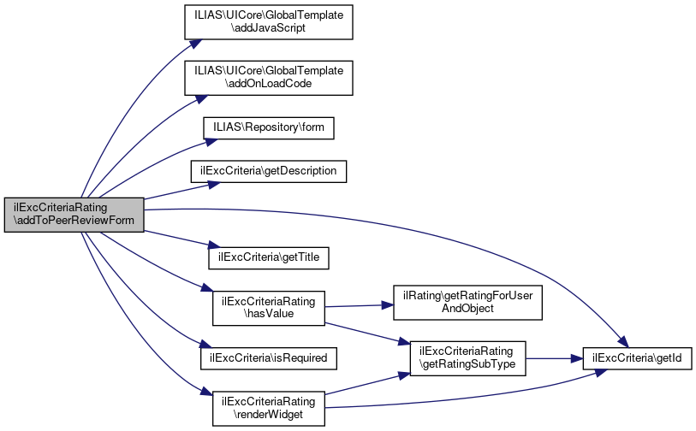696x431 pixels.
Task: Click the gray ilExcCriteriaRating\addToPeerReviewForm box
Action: (x=74, y=215)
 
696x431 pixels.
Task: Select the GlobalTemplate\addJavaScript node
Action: (x=269, y=22)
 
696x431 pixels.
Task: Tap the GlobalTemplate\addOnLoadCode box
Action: (x=269, y=78)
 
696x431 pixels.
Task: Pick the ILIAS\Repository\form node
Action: (x=269, y=127)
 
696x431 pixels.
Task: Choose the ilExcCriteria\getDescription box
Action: (x=269, y=171)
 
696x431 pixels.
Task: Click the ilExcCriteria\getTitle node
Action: (x=269, y=257)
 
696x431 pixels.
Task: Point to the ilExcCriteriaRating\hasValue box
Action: (x=269, y=308)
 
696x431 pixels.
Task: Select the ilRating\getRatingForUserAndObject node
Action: (x=467, y=303)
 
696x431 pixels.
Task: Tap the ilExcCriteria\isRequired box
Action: (x=269, y=358)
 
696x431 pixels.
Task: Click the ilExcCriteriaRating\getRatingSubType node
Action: (x=467, y=358)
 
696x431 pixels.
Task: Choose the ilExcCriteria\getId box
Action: (x=637, y=358)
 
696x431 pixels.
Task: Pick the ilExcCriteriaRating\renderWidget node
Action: (x=269, y=409)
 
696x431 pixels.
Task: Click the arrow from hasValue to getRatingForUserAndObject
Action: (x=359, y=305)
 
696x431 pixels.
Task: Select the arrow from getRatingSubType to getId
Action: (x=554, y=358)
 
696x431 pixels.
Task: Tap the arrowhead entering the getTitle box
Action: (x=214, y=245)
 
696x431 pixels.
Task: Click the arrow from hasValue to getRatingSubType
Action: (x=367, y=334)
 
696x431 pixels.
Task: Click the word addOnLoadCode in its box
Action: (x=269, y=84)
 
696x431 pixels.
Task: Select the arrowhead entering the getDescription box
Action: (x=214, y=184)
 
